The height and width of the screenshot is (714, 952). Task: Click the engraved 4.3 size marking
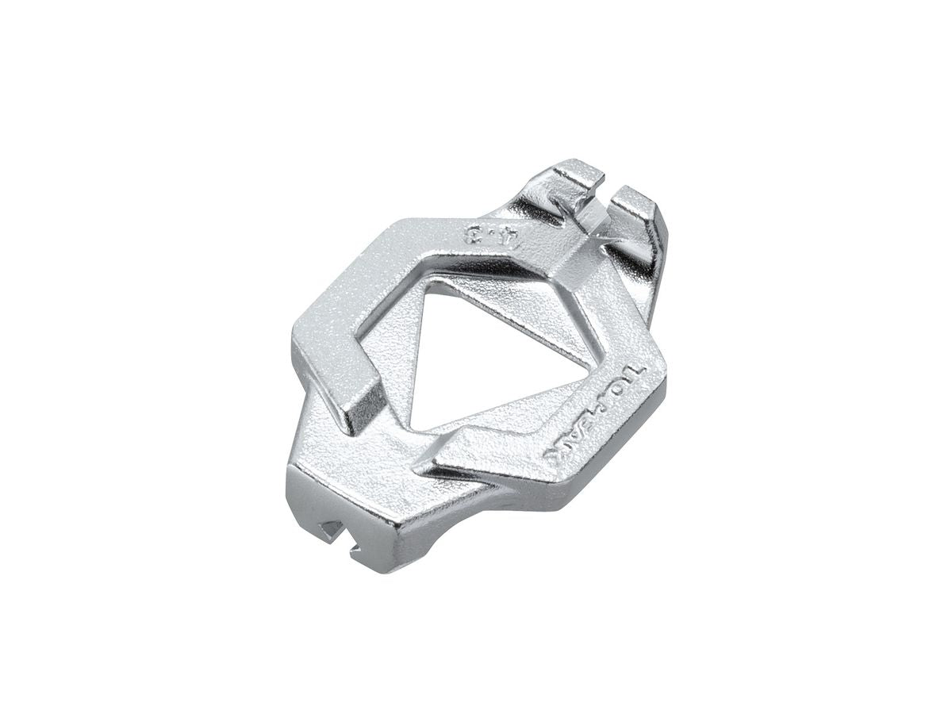486,236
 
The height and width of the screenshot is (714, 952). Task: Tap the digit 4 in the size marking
501,240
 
